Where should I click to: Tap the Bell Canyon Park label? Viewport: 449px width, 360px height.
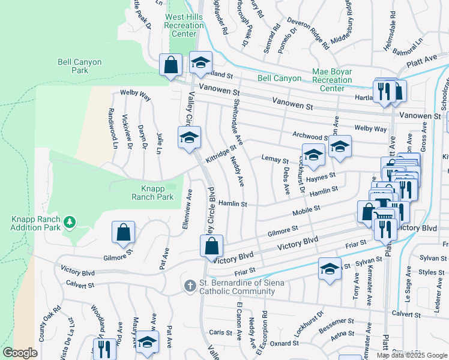pos(80,66)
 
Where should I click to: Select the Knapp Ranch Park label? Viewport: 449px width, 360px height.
pos(153,193)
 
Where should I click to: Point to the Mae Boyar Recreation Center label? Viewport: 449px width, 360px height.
pos(332,80)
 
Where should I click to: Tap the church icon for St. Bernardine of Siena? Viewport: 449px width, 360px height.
pos(190,286)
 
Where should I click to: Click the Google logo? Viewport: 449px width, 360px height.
pos(20,353)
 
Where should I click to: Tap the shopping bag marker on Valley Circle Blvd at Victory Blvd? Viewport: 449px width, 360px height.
pos(211,245)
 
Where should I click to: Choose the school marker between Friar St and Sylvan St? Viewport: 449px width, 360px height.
pos(330,269)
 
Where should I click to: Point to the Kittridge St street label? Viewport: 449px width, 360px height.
pos(221,154)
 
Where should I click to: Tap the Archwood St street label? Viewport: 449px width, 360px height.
pos(310,137)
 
